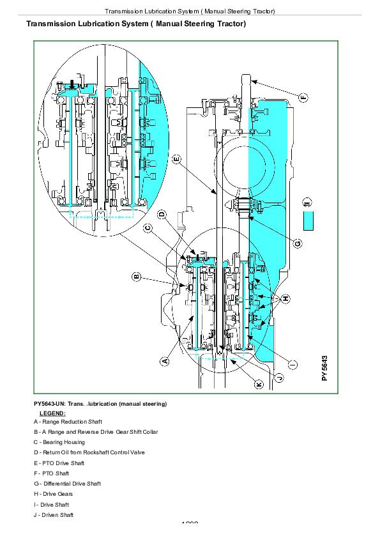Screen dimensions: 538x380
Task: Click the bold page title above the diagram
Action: (x=135, y=24)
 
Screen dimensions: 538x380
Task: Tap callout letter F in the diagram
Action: (x=303, y=97)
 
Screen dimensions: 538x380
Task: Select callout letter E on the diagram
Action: (x=176, y=158)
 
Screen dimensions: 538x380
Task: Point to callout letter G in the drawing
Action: (x=298, y=243)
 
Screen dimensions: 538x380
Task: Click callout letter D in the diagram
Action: (x=162, y=215)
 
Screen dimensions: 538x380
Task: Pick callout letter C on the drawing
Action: (x=148, y=227)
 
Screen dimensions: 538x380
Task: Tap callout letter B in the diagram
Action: (x=136, y=277)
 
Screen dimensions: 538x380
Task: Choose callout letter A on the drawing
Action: (x=165, y=361)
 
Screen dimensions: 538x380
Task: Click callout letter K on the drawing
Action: (x=258, y=385)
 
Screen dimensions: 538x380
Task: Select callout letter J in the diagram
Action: (x=279, y=376)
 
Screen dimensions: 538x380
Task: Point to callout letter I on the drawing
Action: (x=293, y=364)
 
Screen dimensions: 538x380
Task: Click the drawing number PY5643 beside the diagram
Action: (x=325, y=368)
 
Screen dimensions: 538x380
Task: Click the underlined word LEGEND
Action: (x=52, y=413)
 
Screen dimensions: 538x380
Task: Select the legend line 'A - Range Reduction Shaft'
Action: (x=68, y=422)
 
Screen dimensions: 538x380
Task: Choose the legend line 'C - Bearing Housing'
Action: (x=59, y=442)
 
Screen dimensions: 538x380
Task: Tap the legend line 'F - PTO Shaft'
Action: (x=51, y=473)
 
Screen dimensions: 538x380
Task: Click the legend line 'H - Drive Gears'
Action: (x=54, y=494)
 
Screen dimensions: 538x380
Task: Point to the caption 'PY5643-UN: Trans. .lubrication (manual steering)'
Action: (x=100, y=404)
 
